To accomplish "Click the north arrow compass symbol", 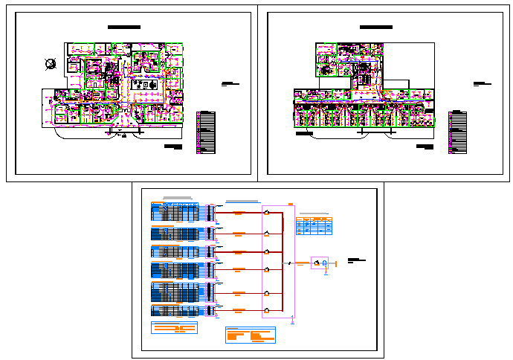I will [50, 64].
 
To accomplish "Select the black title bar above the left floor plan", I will [124, 28].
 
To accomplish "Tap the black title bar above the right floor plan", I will [376, 28].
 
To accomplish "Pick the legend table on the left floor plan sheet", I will [207, 132].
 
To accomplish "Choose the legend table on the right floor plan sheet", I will [457, 132].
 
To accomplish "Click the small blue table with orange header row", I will [314, 225].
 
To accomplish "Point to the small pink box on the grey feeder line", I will [320, 263].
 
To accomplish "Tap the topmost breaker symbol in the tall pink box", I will [266, 213].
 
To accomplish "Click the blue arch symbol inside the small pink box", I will [325, 263].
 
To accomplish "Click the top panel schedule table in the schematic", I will [175, 212].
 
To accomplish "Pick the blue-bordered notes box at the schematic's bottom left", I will [173, 328].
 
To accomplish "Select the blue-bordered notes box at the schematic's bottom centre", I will [251, 335].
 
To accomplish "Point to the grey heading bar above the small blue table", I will [313, 214].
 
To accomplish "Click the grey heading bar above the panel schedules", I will [178, 199].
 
